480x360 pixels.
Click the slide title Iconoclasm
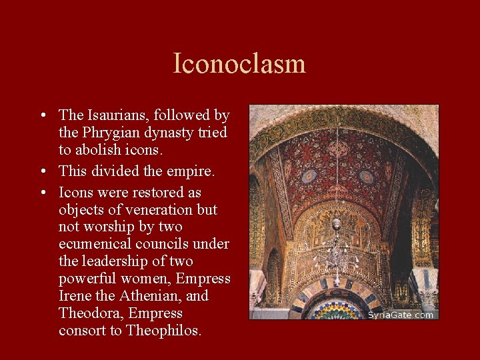click(239, 64)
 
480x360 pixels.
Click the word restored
click(153, 193)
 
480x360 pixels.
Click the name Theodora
click(90, 313)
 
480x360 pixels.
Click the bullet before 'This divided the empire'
click(43, 172)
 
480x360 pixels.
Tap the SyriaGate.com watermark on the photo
click(401, 315)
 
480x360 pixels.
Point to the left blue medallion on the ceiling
click(309, 176)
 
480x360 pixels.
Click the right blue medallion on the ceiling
click(366, 177)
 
